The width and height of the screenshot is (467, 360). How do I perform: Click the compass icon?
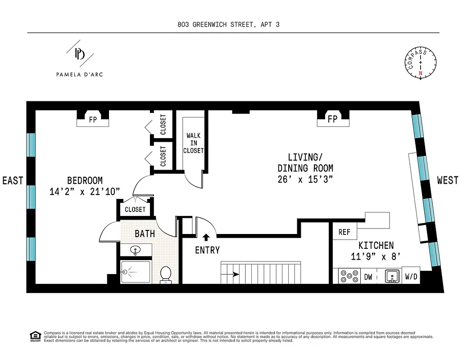pyautogui.click(x=421, y=63)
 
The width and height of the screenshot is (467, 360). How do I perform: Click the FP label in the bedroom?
pyautogui.click(x=93, y=120)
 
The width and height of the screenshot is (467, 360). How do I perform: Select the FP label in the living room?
pyautogui.click(x=333, y=120)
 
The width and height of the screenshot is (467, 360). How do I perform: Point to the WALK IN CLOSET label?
pyautogui.click(x=194, y=143)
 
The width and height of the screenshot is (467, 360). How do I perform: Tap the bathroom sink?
pyautogui.click(x=135, y=250)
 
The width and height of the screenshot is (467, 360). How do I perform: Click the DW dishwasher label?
pyautogui.click(x=368, y=277)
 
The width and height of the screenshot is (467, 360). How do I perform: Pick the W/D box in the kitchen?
pyautogui.click(x=412, y=277)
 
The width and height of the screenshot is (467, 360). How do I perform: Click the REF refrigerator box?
pyautogui.click(x=345, y=232)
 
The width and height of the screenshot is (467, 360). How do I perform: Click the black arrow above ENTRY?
pyautogui.click(x=207, y=237)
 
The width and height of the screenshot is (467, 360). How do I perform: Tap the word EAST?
pyautogui.click(x=13, y=180)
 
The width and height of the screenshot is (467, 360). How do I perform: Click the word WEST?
pyautogui.click(x=447, y=180)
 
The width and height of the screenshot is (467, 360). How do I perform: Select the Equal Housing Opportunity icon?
pyautogui.click(x=34, y=336)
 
